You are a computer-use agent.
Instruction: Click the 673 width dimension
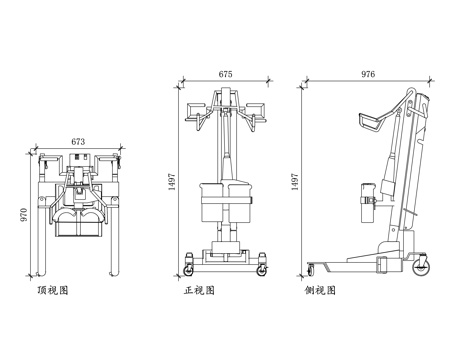point(78,142)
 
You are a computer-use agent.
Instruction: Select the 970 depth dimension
point(24,215)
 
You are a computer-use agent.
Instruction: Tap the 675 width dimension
point(225,74)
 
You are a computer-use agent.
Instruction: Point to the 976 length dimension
point(368,74)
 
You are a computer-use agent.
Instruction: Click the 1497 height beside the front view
point(172,182)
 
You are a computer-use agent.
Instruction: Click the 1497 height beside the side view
point(295,182)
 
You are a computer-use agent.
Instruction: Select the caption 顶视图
point(53,290)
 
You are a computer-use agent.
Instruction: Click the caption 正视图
point(199,290)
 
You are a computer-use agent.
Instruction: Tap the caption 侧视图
point(320,290)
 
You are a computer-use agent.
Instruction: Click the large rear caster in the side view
point(421,268)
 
